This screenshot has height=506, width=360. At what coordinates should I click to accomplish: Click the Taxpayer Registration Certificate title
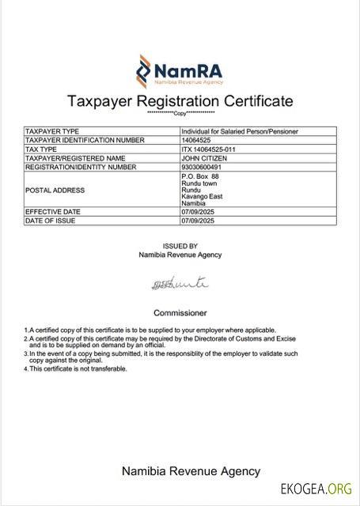pos(180,101)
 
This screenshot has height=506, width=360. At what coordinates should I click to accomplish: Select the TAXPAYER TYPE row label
pos(52,131)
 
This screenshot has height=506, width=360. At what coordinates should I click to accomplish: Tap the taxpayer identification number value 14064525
pos(197,140)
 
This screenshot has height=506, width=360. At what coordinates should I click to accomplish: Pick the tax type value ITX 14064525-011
pos(209,149)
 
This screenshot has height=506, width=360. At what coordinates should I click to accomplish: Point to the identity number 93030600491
pos(203,167)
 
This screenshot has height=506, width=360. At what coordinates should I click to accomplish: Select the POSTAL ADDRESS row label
pos(55,191)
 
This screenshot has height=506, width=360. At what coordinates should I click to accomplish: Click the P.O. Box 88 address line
pos(199,176)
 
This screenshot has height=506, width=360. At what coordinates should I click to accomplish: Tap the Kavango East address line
pos(203,197)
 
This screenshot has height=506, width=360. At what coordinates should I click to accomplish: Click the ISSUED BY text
pos(180,246)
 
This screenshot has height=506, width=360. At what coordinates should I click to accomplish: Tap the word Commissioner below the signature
pos(180,312)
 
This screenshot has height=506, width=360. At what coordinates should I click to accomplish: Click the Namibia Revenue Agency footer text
pos(190,471)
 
